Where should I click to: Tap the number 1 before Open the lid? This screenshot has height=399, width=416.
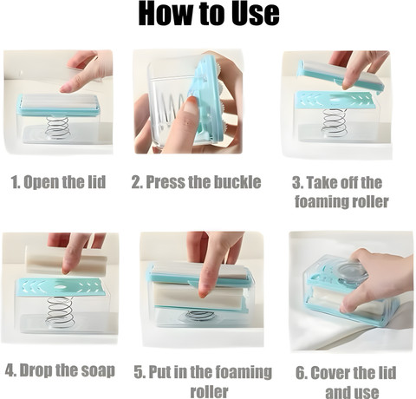[x=15, y=182]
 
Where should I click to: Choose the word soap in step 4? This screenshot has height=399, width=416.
[x=99, y=370]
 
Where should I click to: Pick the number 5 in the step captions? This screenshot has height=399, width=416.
[x=139, y=372]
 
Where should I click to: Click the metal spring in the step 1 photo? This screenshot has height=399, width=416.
[x=58, y=127]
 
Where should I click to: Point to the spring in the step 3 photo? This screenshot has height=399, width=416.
[x=335, y=122]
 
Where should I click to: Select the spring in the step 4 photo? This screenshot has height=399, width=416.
[x=60, y=311]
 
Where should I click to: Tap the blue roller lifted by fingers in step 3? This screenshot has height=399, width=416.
[x=341, y=75]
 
